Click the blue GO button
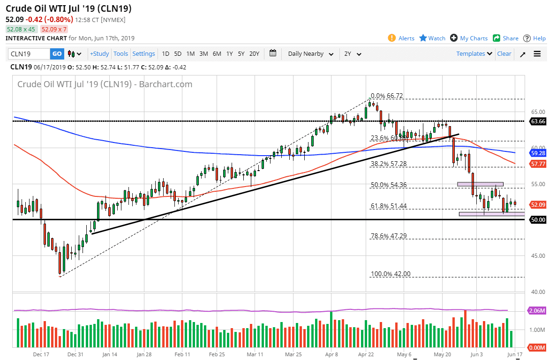click(57, 54)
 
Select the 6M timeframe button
click(217, 54)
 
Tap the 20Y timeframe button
click(254, 54)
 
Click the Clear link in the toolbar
click(504, 54)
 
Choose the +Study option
click(99, 54)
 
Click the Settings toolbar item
click(143, 54)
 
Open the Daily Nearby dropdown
click(310, 54)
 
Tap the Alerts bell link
click(401, 38)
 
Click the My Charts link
click(469, 38)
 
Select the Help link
click(534, 38)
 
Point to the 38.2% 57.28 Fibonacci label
click(389, 164)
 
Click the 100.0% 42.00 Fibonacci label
click(391, 274)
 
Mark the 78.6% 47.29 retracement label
click(389, 236)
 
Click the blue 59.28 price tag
click(537, 153)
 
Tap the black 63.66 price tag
click(537, 121)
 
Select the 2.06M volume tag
click(537, 311)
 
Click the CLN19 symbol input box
click(29, 54)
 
